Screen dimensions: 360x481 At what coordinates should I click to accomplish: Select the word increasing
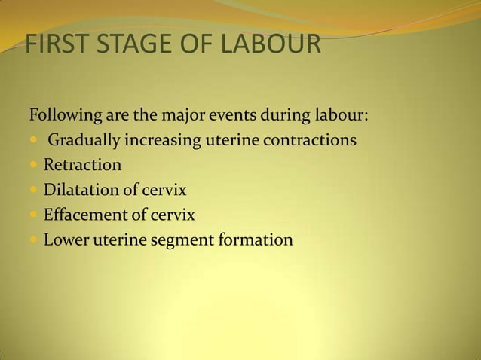tap(161, 141)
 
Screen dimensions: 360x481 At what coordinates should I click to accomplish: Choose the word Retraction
tap(81, 165)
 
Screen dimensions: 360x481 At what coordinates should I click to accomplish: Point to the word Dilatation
tap(81, 190)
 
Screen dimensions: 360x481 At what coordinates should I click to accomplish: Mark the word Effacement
tap(85, 215)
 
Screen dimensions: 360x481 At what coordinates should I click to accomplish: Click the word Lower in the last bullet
tap(66, 239)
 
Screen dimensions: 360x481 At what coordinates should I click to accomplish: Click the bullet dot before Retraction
tap(34, 166)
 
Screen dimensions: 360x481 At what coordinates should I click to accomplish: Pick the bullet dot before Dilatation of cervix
tap(34, 191)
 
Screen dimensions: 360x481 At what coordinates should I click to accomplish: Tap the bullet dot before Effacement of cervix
tap(34, 215)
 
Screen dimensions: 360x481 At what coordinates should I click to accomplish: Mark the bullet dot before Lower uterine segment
tap(34, 240)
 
